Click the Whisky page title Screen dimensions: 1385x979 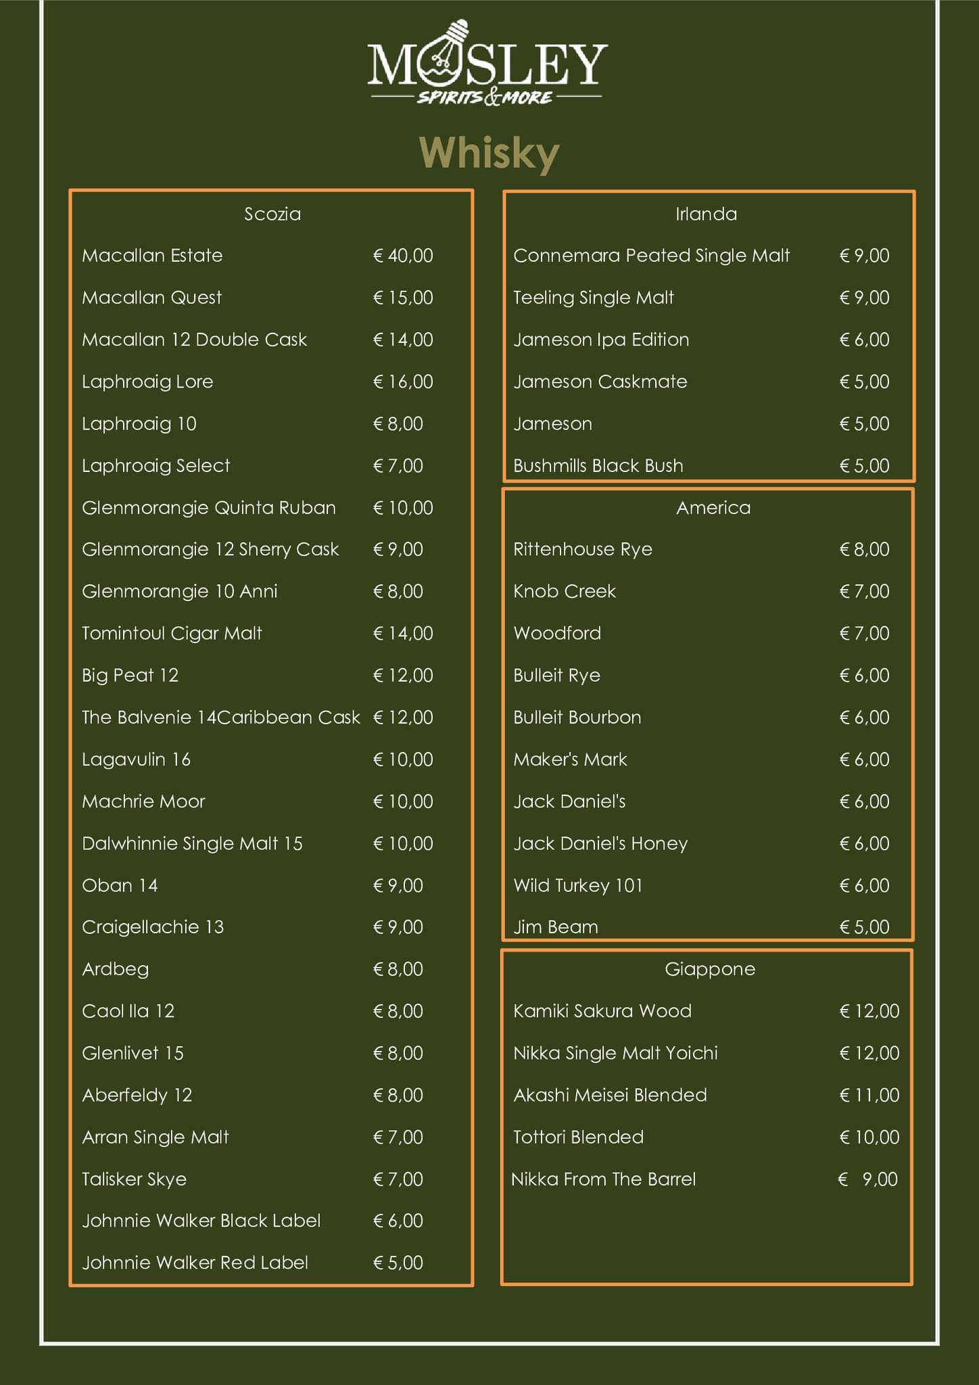pyautogui.click(x=489, y=153)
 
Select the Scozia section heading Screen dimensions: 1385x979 pyautogui.click(x=272, y=214)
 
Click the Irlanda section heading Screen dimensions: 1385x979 pyautogui.click(x=706, y=214)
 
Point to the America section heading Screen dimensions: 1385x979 pyautogui.click(x=713, y=508)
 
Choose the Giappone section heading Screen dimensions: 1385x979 pyautogui.click(x=709, y=969)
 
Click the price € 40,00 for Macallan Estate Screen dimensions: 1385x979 pyautogui.click(x=403, y=256)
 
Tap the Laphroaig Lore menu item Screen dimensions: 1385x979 pyautogui.click(x=147, y=382)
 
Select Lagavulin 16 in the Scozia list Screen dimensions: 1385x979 pyautogui.click(x=136, y=759)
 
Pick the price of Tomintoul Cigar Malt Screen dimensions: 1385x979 pyautogui.click(x=403, y=634)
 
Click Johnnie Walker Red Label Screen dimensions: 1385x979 pyautogui.click(x=195, y=1263)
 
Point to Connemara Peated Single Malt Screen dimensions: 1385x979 pyautogui.click(x=651, y=256)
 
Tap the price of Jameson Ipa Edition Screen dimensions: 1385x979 pyautogui.click(x=864, y=339)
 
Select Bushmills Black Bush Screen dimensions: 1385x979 pyautogui.click(x=598, y=466)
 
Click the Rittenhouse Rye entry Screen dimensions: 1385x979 pyautogui.click(x=582, y=549)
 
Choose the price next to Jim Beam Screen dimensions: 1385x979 pyautogui.click(x=864, y=927)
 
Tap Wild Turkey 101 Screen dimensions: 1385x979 pyautogui.click(x=577, y=885)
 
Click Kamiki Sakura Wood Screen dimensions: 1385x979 pyautogui.click(x=602, y=1011)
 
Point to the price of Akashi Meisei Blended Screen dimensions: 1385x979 pyautogui.click(x=869, y=1095)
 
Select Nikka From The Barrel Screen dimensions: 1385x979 pyautogui.click(x=603, y=1179)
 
